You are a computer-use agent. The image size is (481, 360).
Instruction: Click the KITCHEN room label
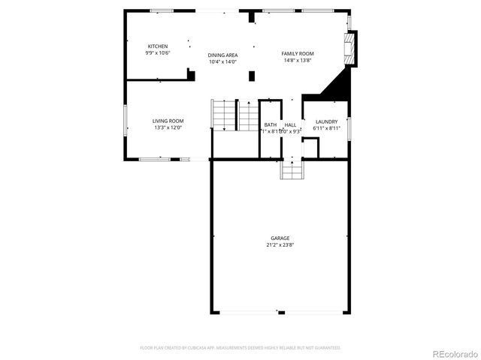coord(158,46)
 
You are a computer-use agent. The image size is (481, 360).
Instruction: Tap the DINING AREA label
coord(223,55)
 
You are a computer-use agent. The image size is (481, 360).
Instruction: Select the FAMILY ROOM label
coord(298,53)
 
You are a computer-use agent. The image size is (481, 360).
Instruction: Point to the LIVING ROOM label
coord(168,121)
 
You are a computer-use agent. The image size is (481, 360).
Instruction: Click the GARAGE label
coord(280,238)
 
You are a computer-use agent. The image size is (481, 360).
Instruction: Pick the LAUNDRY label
coord(326,121)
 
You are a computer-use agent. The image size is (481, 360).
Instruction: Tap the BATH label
coord(271,124)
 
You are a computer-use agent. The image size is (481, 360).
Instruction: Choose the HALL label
coord(290,124)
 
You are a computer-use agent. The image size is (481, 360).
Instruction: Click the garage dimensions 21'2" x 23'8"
coord(280,244)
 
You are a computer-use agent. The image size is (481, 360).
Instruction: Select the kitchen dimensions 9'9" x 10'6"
coord(158,52)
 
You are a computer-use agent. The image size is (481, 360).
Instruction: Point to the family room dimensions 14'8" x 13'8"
coord(298,60)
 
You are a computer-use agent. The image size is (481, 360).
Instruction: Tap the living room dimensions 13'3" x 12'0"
coord(168,127)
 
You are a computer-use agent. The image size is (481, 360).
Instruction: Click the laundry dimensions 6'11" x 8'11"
coord(326,128)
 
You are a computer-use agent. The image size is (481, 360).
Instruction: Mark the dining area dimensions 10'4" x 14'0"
coord(223,62)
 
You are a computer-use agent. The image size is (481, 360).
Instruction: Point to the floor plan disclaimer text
coord(240,348)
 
